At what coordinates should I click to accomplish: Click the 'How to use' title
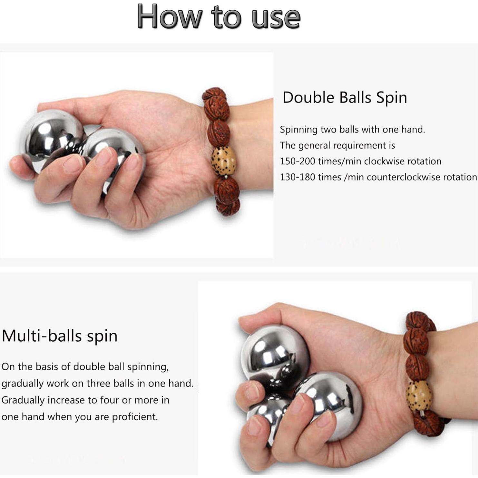pos(219,17)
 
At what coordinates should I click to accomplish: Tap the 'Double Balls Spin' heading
pos(345,97)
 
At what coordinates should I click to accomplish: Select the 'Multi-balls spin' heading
pos(60,336)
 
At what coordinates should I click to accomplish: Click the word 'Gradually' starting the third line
pos(23,400)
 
